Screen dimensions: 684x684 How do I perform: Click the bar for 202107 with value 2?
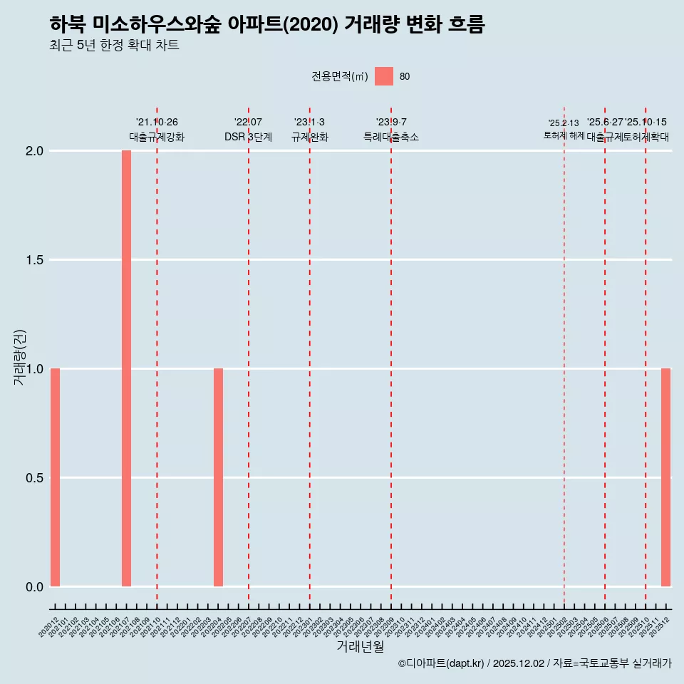pos(126,368)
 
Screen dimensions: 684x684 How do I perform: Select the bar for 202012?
pos(55,477)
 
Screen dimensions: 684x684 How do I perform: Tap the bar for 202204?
pos(218,477)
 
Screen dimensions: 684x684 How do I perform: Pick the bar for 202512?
pos(665,477)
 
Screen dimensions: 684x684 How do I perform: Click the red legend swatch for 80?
pos(384,76)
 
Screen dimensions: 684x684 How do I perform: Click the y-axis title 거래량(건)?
pos(20,358)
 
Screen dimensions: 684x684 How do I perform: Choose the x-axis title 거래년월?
pos(361,647)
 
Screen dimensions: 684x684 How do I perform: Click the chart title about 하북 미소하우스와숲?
pos(267,25)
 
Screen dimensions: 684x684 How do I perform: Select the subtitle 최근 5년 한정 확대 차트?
pos(114,46)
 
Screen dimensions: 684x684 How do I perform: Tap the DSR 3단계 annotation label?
pos(248,137)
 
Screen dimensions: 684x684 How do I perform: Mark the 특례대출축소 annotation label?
pos(391,137)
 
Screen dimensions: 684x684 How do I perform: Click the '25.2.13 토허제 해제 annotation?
pos(564,129)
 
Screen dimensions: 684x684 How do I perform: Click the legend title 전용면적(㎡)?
pos(340,77)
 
